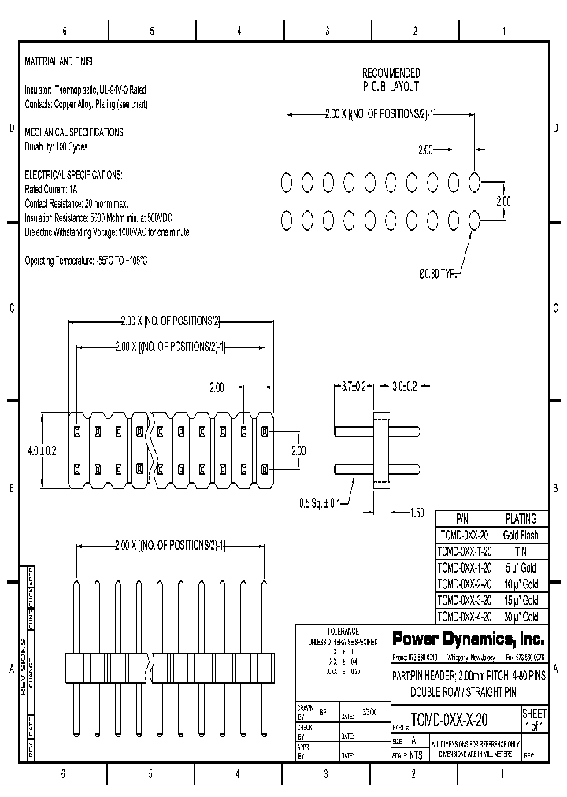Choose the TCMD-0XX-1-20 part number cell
pyautogui.click(x=463, y=568)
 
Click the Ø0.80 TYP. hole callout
pyautogui.click(x=438, y=273)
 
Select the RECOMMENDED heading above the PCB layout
pyautogui.click(x=391, y=73)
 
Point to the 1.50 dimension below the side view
pyautogui.click(x=417, y=513)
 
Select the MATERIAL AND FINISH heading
pyautogui.click(x=61, y=61)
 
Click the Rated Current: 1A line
pyautogui.click(x=52, y=190)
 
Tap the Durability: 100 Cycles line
pyautogui.click(x=57, y=146)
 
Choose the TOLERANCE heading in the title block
pyautogui.click(x=343, y=632)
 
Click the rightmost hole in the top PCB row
pyautogui.click(x=475, y=183)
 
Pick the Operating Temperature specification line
pyautogui.click(x=87, y=261)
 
